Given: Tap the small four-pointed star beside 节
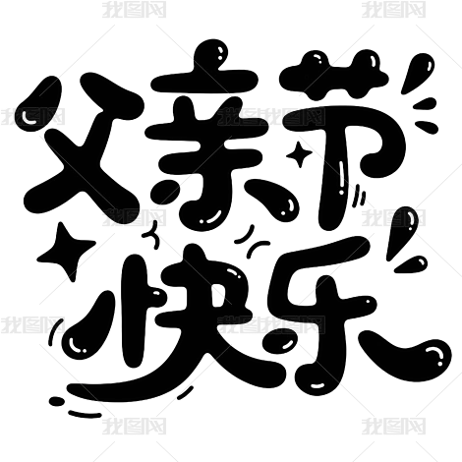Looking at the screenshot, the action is pos(299,154).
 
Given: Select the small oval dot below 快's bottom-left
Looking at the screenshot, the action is pos(56,400).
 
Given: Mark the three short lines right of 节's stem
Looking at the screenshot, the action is pos(360,196).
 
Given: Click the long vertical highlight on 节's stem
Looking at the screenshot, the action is pos(343,177).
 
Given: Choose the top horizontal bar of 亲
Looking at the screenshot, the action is pos(205,82).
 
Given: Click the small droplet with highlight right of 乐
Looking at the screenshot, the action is pos(412,264).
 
